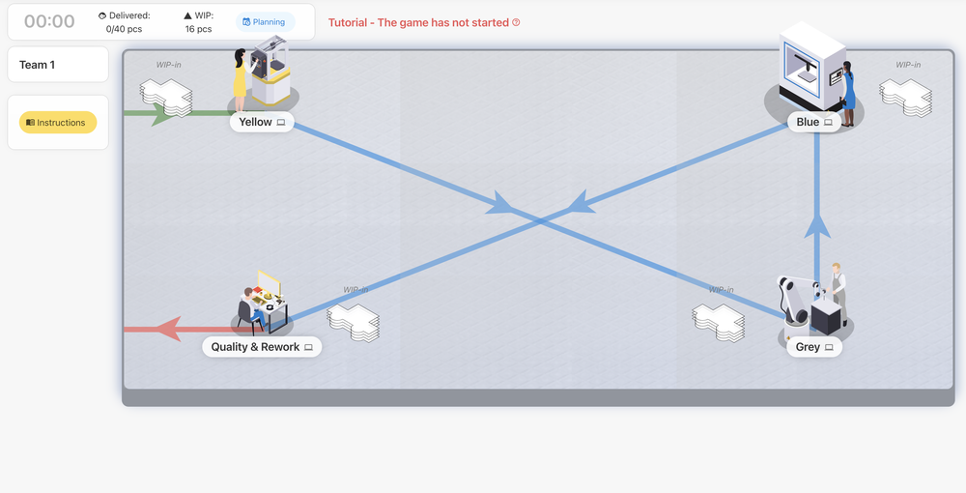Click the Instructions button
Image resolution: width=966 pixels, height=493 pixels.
[58, 123]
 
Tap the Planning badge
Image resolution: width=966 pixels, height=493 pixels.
[265, 22]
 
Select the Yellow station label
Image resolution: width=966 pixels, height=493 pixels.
[262, 123]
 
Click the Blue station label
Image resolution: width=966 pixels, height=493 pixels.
[814, 123]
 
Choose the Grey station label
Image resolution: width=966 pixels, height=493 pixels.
[814, 347]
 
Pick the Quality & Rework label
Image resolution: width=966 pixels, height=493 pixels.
[262, 347]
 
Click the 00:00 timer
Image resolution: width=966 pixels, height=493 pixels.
[49, 21]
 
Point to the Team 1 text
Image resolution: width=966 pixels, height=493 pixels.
[38, 65]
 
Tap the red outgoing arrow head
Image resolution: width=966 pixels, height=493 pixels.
[169, 329]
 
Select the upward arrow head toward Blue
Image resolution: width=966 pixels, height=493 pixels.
[817, 226]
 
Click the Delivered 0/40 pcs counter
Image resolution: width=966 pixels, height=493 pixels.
[125, 22]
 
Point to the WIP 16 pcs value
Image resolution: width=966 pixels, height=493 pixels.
[198, 29]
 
